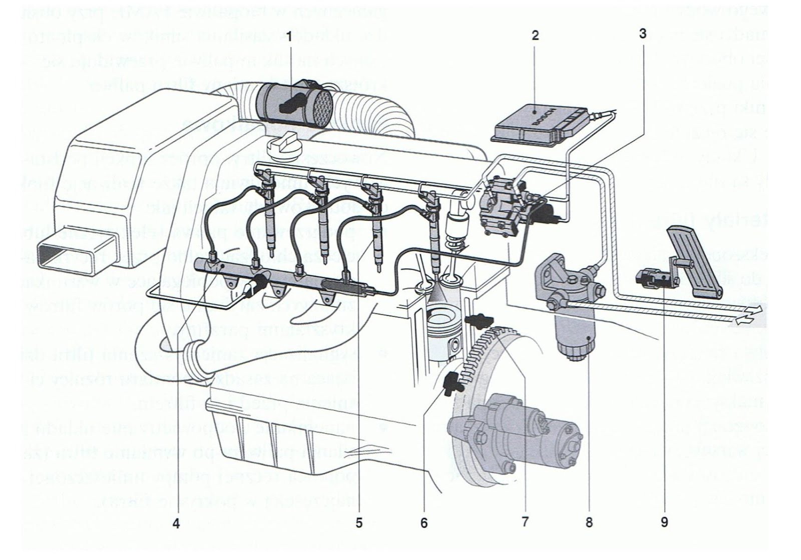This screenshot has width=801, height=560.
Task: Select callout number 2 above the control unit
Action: click(536, 35)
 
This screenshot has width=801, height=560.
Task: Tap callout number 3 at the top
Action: click(642, 33)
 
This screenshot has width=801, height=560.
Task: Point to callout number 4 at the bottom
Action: click(176, 523)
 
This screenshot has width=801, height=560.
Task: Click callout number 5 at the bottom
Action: click(358, 523)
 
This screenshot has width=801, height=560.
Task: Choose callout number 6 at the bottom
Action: click(424, 523)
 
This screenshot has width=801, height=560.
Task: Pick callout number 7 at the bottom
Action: click(525, 521)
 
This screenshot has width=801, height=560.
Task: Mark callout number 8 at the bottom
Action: click(589, 522)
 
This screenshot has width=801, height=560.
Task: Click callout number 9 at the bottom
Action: click(664, 522)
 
